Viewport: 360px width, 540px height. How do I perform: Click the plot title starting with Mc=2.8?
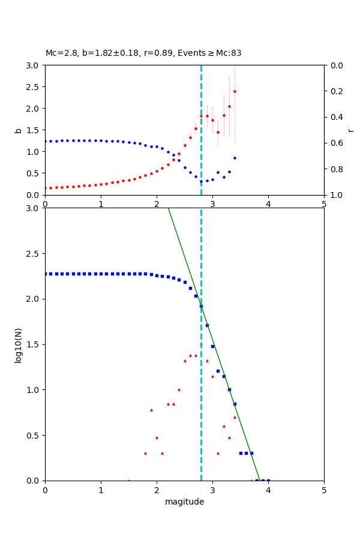point(143,53)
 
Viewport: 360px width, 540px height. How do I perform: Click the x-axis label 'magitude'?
point(184,502)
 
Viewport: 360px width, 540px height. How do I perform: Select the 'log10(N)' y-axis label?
point(19,344)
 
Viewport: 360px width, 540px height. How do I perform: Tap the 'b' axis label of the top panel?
point(19,130)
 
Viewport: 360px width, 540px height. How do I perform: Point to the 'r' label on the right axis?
point(350,130)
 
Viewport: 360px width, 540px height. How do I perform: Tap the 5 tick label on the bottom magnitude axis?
point(324,490)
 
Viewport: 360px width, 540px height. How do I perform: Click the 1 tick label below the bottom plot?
point(101,490)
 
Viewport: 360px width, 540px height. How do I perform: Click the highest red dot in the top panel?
point(235,92)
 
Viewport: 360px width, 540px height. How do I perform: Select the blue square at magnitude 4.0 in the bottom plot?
point(268,481)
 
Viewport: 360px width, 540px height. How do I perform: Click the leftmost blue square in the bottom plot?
point(46,274)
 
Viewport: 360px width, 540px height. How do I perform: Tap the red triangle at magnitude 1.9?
point(151,410)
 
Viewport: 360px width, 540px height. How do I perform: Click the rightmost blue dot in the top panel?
point(235,158)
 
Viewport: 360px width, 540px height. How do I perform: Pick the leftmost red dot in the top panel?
point(46,188)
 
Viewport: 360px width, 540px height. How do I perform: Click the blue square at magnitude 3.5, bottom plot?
point(241,453)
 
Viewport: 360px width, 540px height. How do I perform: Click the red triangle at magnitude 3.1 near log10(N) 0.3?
point(218,453)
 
